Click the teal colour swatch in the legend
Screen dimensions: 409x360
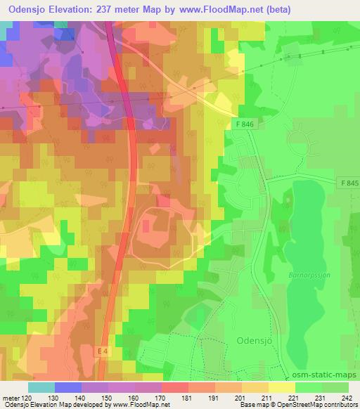tap(41, 386)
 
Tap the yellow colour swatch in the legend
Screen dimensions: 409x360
tap(281, 386)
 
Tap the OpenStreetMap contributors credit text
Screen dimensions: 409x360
tap(316, 405)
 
